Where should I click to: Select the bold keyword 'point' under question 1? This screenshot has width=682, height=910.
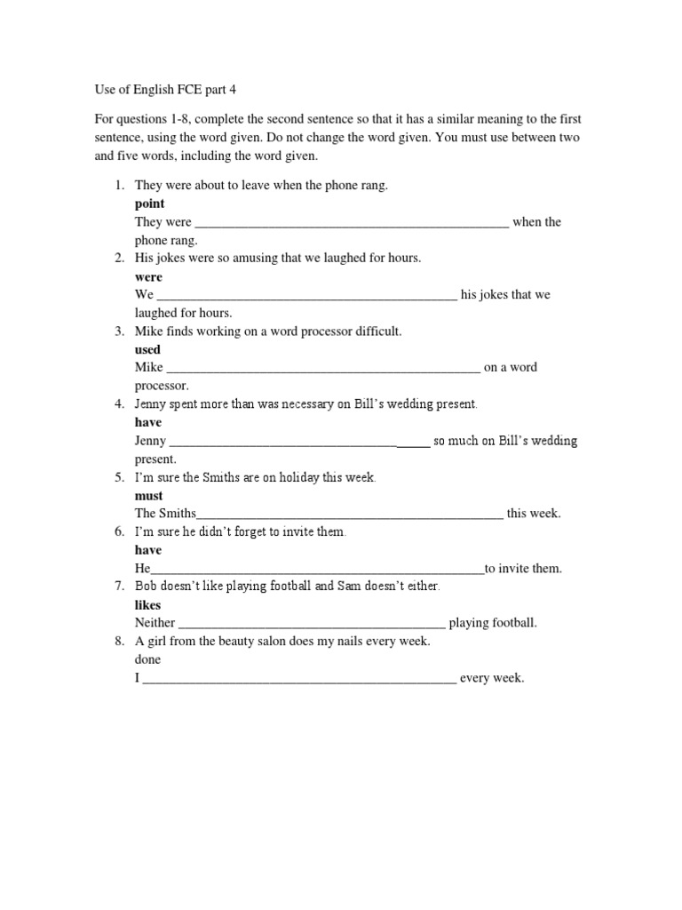[x=149, y=204]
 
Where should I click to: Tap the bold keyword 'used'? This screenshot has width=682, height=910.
[x=147, y=349]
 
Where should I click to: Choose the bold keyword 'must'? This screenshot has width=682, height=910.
[x=148, y=495]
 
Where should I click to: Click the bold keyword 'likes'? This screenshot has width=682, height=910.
[x=148, y=604]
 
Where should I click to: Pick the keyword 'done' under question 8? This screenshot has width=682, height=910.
[x=148, y=659]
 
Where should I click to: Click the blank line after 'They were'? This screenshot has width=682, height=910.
[x=352, y=222]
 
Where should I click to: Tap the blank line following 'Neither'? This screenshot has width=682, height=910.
[x=312, y=623]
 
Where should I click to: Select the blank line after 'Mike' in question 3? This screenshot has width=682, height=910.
[x=323, y=367]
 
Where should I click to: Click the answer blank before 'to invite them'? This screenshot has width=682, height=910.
[x=318, y=569]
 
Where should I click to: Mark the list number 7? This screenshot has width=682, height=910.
[x=118, y=587]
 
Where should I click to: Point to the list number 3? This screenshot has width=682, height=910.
[x=118, y=331]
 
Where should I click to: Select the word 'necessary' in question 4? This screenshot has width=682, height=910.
[x=307, y=404]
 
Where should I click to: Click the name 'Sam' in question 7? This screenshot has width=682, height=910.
[x=327, y=587]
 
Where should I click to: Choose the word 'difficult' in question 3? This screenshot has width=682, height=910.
[x=377, y=331]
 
